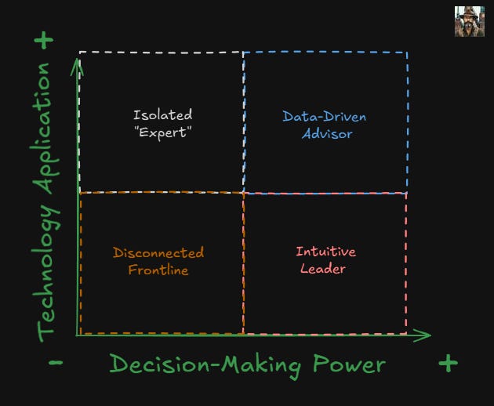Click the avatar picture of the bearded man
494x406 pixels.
click(x=470, y=22)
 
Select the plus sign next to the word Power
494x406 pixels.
click(x=447, y=363)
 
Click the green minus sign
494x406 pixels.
click(x=56, y=364)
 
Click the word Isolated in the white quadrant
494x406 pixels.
click(x=162, y=116)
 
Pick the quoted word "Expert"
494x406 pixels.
click(x=163, y=132)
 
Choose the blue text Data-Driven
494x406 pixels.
click(x=324, y=118)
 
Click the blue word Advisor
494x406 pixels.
click(x=327, y=133)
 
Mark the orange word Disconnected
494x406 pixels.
click(x=158, y=253)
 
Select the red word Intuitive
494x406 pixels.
click(x=325, y=252)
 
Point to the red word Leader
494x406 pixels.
click(x=323, y=268)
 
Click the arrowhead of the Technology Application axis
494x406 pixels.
click(x=77, y=63)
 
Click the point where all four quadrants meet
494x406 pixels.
click(x=243, y=192)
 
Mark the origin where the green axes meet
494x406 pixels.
click(x=78, y=335)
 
